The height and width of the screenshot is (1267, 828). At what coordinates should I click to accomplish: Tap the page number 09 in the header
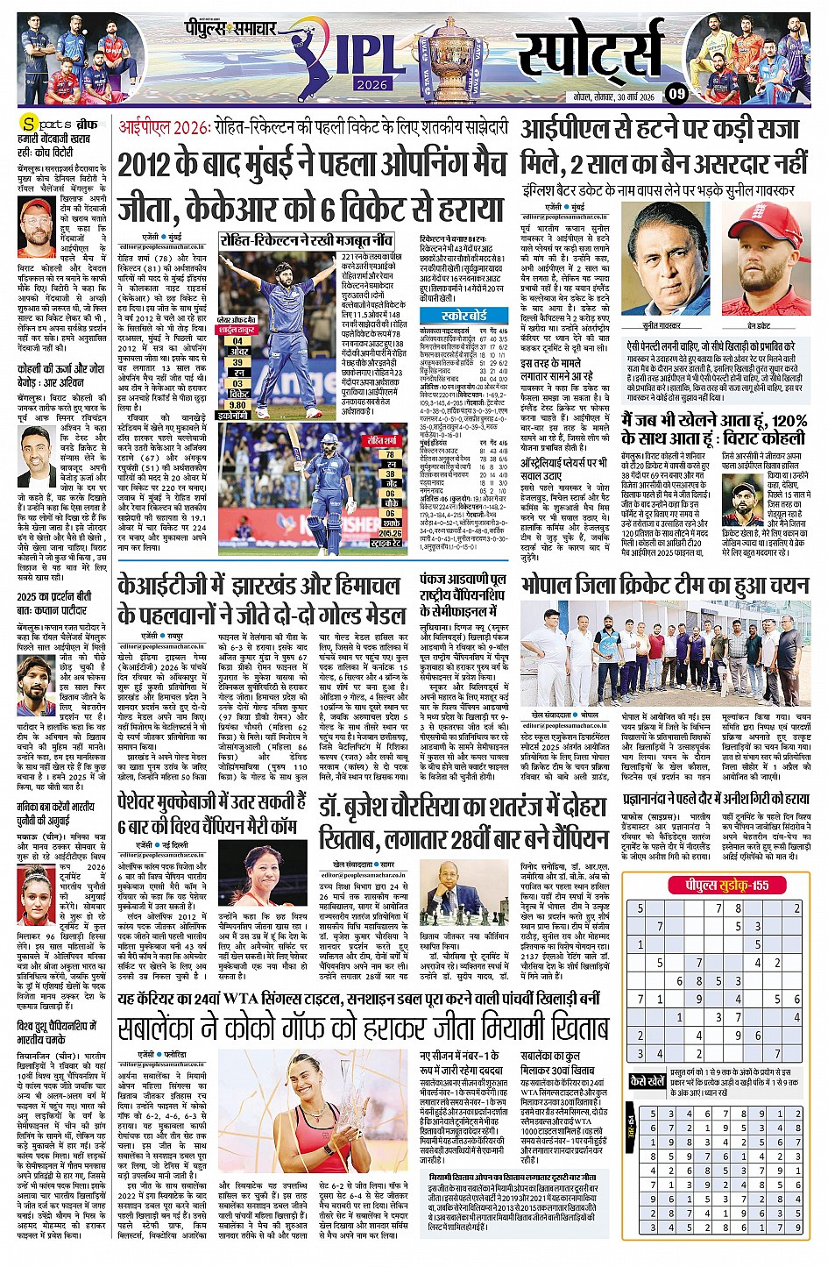tap(676, 93)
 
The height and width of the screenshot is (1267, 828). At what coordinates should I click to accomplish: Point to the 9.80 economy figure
tap(237, 405)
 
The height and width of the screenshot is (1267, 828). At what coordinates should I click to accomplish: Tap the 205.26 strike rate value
tap(390, 531)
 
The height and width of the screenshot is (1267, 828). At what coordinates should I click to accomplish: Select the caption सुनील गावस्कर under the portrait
tap(662, 324)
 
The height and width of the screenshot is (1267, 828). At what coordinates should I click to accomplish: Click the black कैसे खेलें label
tap(648, 1081)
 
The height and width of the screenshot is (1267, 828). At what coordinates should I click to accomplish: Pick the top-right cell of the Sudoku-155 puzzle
tap(796, 908)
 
